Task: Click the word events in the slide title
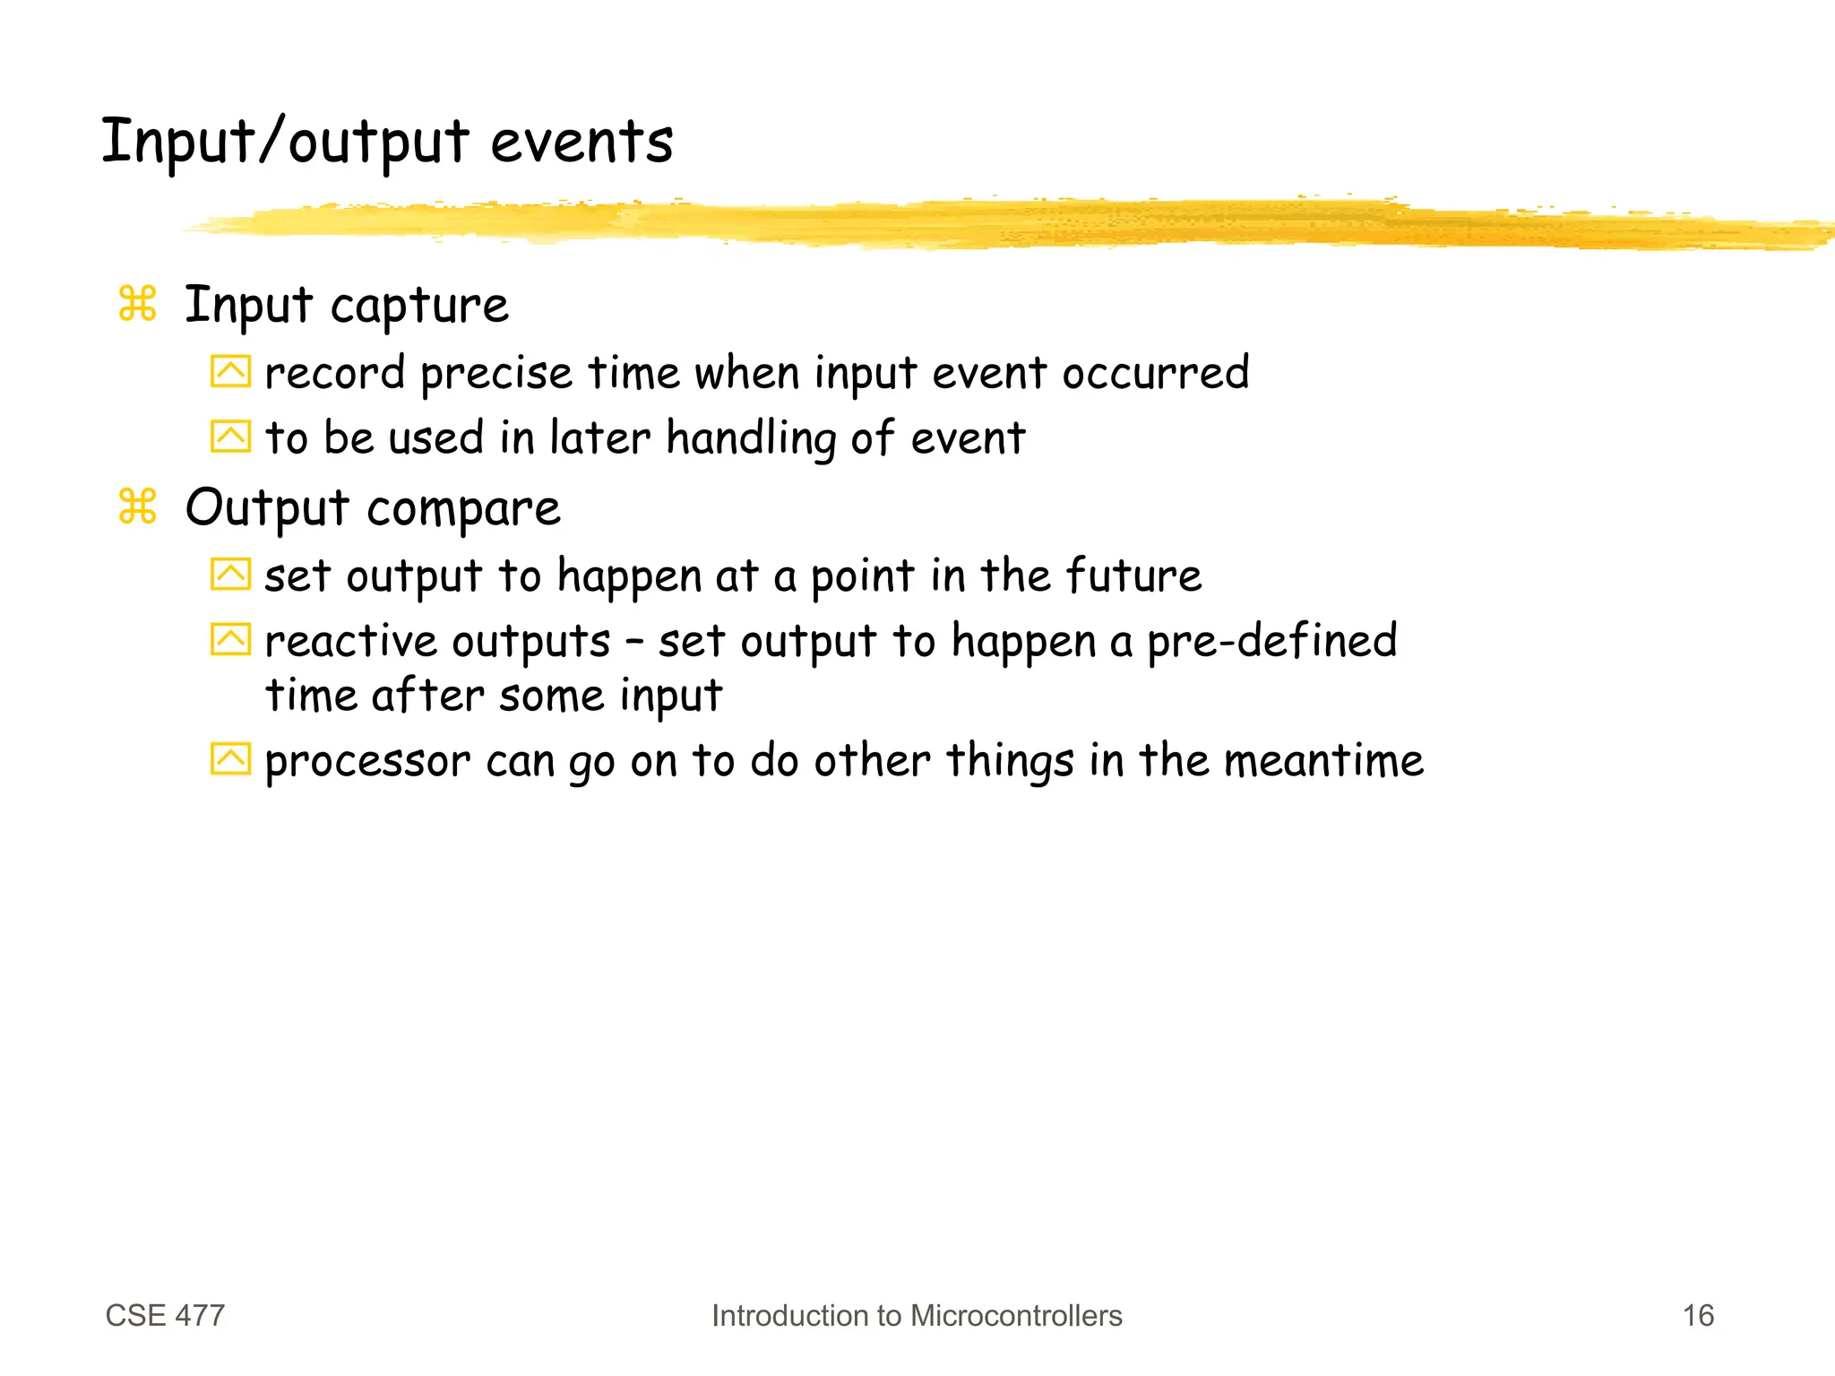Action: coord(582,143)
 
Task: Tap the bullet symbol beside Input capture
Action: coord(137,304)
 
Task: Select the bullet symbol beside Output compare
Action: coord(137,506)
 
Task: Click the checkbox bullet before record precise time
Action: coord(230,371)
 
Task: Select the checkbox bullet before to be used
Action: coord(230,437)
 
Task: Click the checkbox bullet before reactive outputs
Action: coord(230,639)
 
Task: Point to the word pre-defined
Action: coord(1271,642)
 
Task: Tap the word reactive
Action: coord(350,642)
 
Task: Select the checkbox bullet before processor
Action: coord(230,758)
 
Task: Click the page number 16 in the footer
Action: coord(1698,1315)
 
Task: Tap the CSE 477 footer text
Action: coord(165,1315)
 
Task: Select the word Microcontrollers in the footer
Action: coord(1016,1315)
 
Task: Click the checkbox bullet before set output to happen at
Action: coord(230,574)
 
